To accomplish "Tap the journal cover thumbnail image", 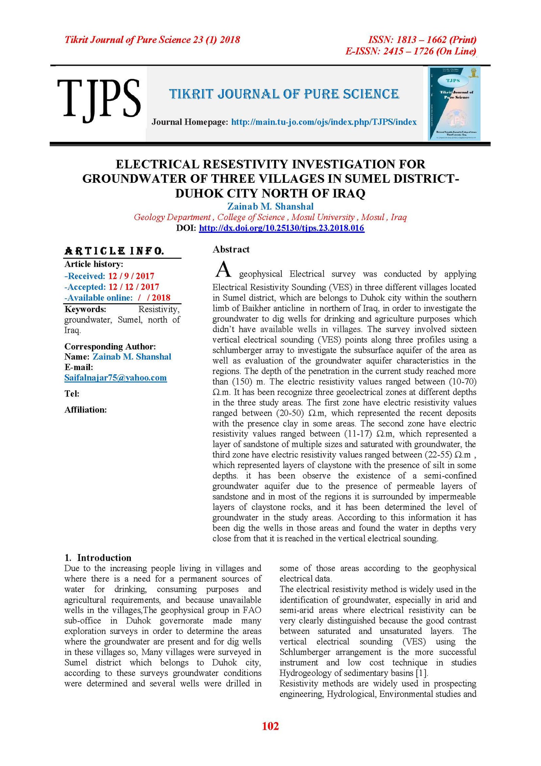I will pos(454,104).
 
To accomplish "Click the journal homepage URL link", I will pos(324,122).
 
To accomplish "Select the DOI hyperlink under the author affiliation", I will pos(281,228).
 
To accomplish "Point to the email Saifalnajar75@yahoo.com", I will pos(115,378).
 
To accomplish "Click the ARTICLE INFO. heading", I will pos(114,251).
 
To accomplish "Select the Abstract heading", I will pos(231,249).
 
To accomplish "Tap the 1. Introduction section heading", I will pos(98,558).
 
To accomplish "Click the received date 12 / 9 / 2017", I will pos(131,276).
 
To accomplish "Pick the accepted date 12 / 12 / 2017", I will pos(134,287).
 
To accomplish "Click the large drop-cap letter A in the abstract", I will pos(223,270).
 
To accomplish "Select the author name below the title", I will pos(270,206).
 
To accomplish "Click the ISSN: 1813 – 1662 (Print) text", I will pos(422,40).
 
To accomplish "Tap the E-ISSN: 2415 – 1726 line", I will pos(410,51).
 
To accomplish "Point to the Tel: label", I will pos(72,394).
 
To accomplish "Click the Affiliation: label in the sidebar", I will pos(86,410).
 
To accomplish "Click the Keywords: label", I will pos(85,309).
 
